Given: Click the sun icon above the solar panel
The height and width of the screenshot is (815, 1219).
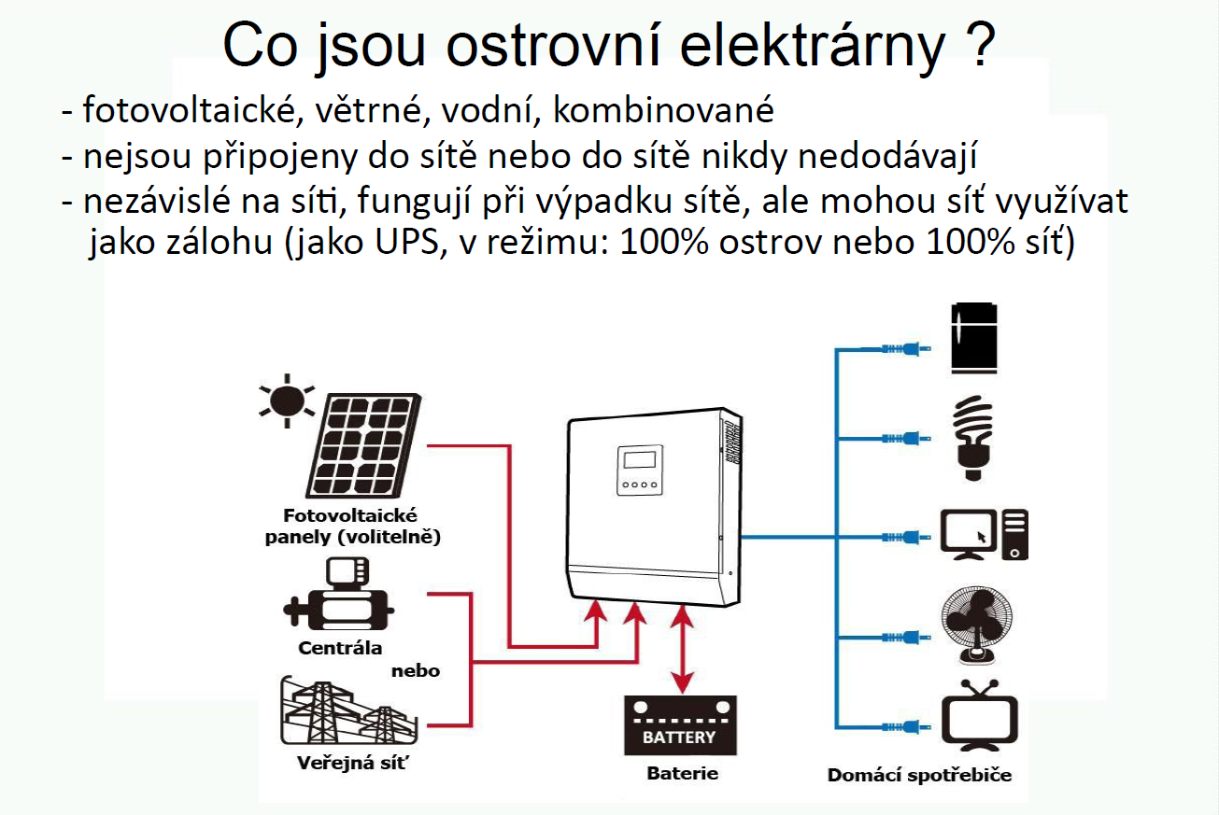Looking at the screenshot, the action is [x=287, y=401].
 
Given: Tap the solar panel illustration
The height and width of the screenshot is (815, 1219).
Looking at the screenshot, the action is [x=363, y=445].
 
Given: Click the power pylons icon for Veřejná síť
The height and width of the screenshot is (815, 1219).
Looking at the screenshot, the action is [x=348, y=710].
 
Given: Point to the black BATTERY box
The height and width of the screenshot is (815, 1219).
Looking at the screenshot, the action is [x=680, y=725].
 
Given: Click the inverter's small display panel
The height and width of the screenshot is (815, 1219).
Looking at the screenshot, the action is [x=640, y=471].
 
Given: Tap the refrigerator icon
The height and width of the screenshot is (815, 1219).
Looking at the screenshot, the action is [x=974, y=338].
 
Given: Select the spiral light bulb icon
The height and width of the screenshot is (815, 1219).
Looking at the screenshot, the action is [x=973, y=438].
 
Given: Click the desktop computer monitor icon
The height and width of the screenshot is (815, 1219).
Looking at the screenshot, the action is [x=969, y=534].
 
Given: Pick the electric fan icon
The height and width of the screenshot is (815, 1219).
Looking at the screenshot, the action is [x=977, y=625].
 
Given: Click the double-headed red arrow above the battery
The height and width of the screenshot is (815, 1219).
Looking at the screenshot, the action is [x=682, y=649].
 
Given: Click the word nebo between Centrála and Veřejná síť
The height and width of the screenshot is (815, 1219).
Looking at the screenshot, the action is [x=416, y=671].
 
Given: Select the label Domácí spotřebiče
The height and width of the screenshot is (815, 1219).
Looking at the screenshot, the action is [x=919, y=775].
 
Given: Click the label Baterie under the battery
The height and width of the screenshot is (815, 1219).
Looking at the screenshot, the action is [x=683, y=773].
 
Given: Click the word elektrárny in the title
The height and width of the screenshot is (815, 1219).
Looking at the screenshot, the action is [x=813, y=46].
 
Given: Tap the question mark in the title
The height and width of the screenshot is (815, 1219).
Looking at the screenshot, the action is [x=981, y=45].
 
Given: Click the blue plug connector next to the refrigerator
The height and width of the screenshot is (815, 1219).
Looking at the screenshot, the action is [x=905, y=349].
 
